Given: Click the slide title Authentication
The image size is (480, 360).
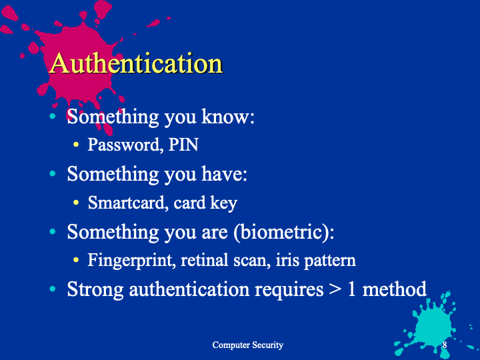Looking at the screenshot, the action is click(x=136, y=63).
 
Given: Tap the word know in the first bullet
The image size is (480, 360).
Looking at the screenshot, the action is click(x=228, y=116).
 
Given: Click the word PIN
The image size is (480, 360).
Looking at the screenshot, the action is click(x=183, y=144).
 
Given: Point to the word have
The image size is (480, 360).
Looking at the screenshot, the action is click(x=224, y=173).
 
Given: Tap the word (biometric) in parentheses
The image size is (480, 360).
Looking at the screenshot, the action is click(x=283, y=232).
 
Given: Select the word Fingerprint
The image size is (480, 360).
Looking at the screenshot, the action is click(x=131, y=261).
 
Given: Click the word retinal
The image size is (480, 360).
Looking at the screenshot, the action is click(x=204, y=260).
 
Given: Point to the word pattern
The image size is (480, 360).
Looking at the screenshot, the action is click(x=330, y=261).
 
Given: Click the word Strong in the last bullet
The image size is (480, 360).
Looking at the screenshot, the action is click(x=95, y=289).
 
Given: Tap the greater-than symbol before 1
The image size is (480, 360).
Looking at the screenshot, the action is click(x=335, y=289).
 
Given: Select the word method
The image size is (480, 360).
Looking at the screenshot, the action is click(x=394, y=289).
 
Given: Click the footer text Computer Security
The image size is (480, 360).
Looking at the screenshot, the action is click(x=247, y=345).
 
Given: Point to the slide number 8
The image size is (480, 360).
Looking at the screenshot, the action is click(x=445, y=345).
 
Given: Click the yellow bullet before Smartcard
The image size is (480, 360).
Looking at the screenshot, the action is click(x=76, y=203).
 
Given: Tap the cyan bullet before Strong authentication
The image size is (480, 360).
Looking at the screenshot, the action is click(x=53, y=289).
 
